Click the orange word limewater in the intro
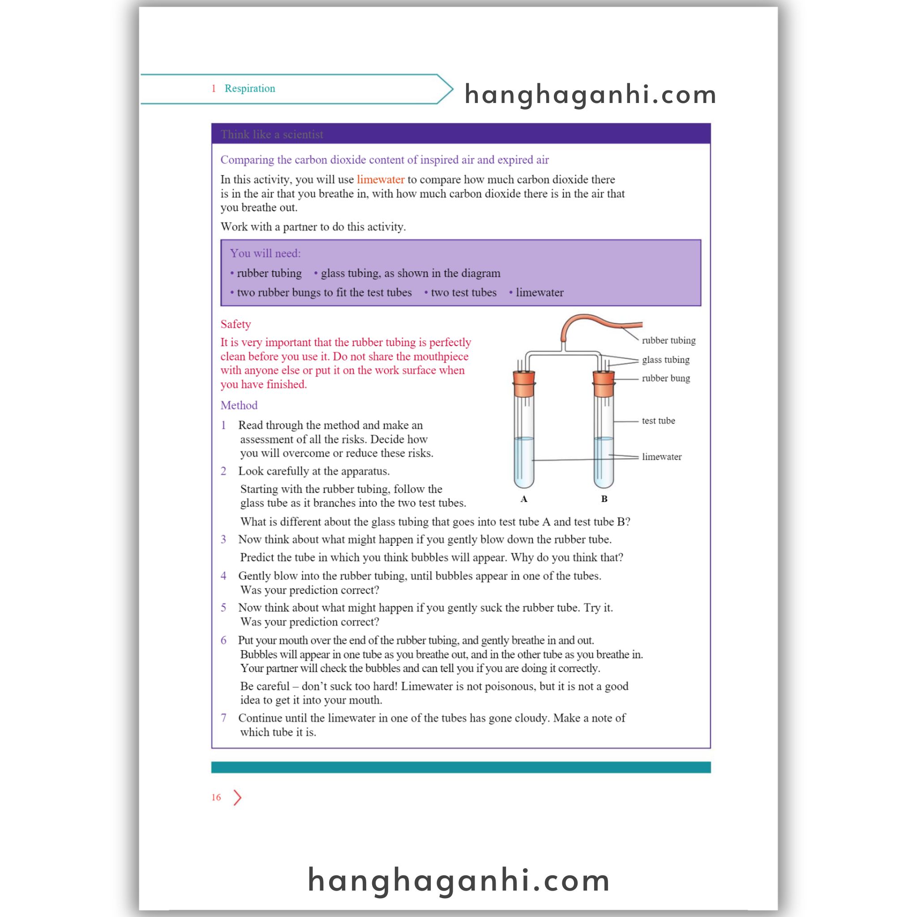click(x=380, y=180)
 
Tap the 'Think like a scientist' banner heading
click(x=271, y=134)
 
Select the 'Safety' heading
click(x=236, y=324)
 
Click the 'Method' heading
click(x=239, y=405)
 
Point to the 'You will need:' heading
click(x=266, y=253)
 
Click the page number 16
click(x=216, y=797)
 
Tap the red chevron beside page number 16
click(x=237, y=798)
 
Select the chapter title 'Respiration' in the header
click(x=250, y=88)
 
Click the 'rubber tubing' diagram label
click(x=668, y=340)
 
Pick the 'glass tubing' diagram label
click(x=665, y=360)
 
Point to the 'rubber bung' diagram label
click(x=665, y=378)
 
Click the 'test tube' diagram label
click(x=658, y=420)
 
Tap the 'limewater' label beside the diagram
click(x=661, y=457)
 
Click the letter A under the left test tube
click(x=523, y=499)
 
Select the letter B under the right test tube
click(x=604, y=499)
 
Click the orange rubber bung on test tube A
click(x=523, y=384)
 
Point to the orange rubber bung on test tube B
click(x=603, y=384)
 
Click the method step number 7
click(x=223, y=718)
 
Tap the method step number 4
click(x=223, y=576)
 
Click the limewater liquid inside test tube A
click(x=523, y=463)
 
